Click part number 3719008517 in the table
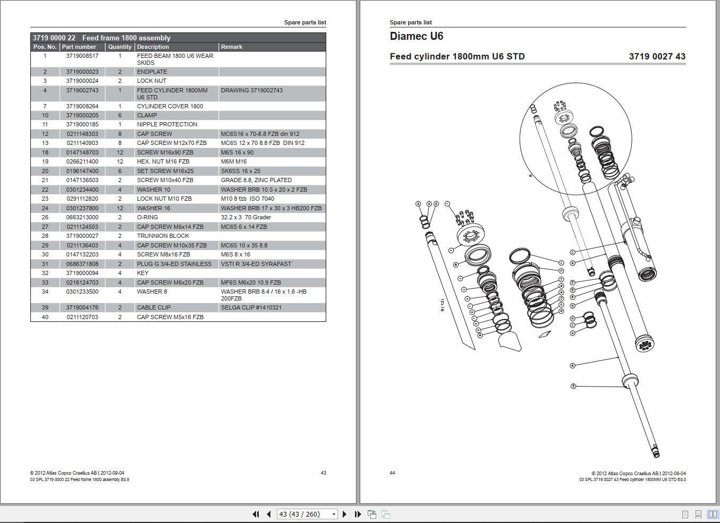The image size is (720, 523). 82,56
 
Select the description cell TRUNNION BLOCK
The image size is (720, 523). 163,236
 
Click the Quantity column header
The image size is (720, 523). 120,47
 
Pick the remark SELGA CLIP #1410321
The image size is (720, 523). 251,307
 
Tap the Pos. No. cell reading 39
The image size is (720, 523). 45,307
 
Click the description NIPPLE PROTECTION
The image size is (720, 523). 167,124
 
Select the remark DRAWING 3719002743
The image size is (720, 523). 251,90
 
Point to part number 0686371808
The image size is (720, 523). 82,264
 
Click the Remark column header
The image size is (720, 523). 232,47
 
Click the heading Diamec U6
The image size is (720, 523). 416,36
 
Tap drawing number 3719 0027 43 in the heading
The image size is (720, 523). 657,56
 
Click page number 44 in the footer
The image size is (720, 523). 392,473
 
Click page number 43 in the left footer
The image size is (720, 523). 323,473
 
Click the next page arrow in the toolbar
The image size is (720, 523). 344,514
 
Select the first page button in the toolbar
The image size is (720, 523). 256,514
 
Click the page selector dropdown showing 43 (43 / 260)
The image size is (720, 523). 307,514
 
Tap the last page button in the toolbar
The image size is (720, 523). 358,514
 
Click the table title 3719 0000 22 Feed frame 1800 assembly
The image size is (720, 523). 101,38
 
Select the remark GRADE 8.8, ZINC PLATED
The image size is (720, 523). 256,180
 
